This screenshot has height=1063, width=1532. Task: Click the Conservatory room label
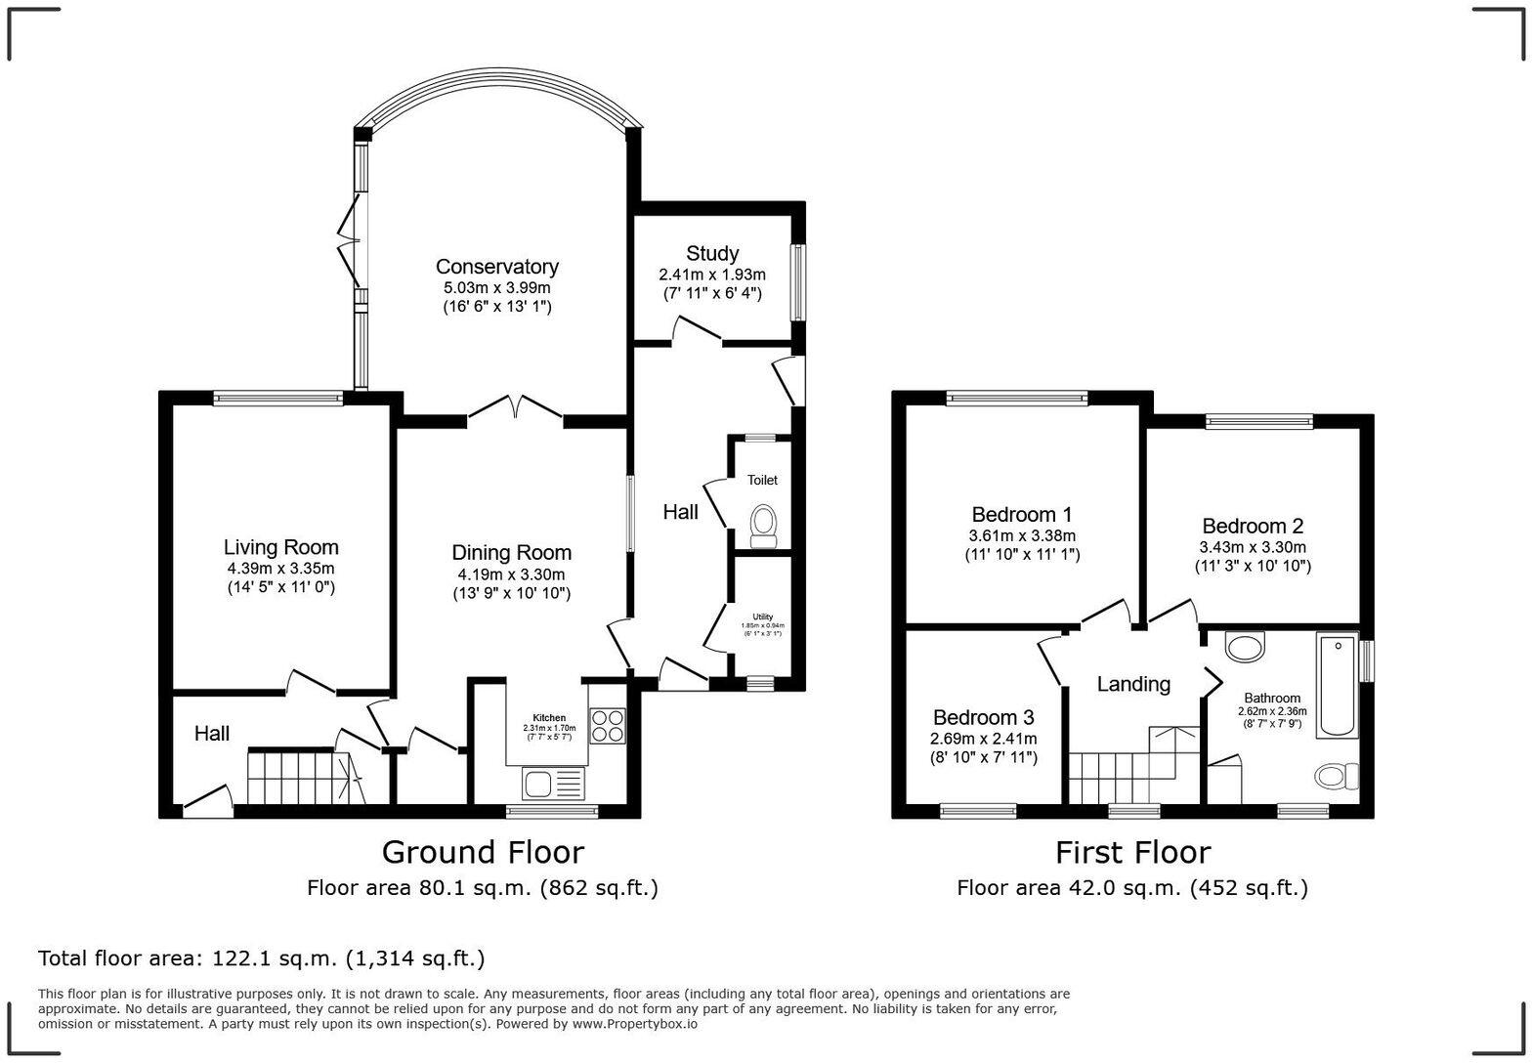tap(496, 267)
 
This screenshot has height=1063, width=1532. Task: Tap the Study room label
tap(711, 254)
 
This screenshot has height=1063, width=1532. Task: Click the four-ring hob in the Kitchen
tap(607, 726)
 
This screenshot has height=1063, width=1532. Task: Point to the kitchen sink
tap(553, 783)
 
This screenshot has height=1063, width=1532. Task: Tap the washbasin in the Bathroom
tap(1244, 646)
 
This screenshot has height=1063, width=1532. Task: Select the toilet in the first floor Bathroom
tap(1336, 776)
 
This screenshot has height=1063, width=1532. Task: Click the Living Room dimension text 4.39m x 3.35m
tap(280, 569)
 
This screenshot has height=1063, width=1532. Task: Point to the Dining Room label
tap(511, 553)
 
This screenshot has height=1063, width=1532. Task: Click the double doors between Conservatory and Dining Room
tap(515, 408)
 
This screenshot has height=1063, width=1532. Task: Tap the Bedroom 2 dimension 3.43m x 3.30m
tap(1253, 547)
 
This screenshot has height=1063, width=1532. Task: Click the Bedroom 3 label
tap(983, 718)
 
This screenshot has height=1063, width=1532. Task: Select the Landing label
tap(1133, 684)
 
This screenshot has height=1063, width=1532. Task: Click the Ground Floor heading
tap(483, 852)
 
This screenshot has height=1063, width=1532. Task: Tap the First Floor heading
tap(1132, 852)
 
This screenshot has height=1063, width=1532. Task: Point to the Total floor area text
tap(261, 958)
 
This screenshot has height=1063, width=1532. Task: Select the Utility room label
tap(762, 617)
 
